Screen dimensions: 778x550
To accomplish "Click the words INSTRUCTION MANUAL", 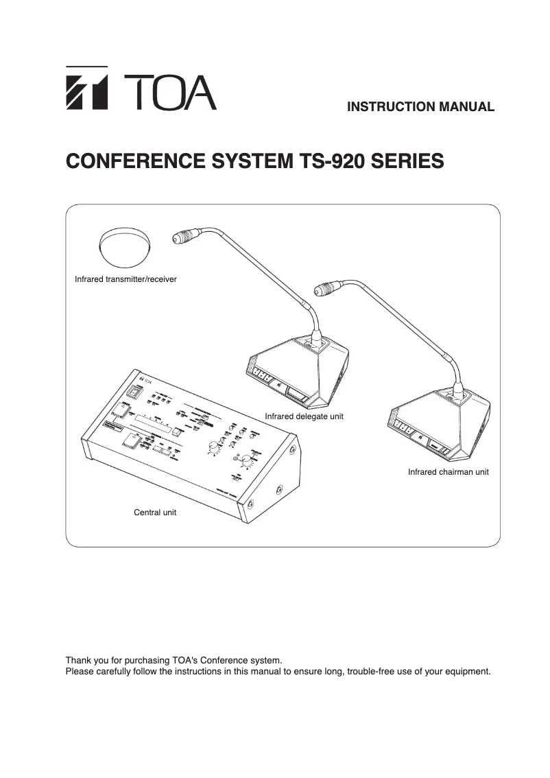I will [x=420, y=107].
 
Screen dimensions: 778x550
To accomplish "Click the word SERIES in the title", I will [x=407, y=162].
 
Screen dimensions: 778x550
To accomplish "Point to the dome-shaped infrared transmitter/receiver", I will [x=125, y=247].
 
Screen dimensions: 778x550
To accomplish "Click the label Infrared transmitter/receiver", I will [x=125, y=280].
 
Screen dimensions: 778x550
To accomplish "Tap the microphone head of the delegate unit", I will [x=185, y=237].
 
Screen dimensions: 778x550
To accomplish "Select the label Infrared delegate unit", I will [x=304, y=416].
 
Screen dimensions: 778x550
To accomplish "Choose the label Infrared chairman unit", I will [x=448, y=472].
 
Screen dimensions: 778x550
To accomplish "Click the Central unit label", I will [x=154, y=512].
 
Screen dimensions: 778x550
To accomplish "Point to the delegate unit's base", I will [x=295, y=374].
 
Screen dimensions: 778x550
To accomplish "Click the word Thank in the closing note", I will [x=78, y=661].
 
